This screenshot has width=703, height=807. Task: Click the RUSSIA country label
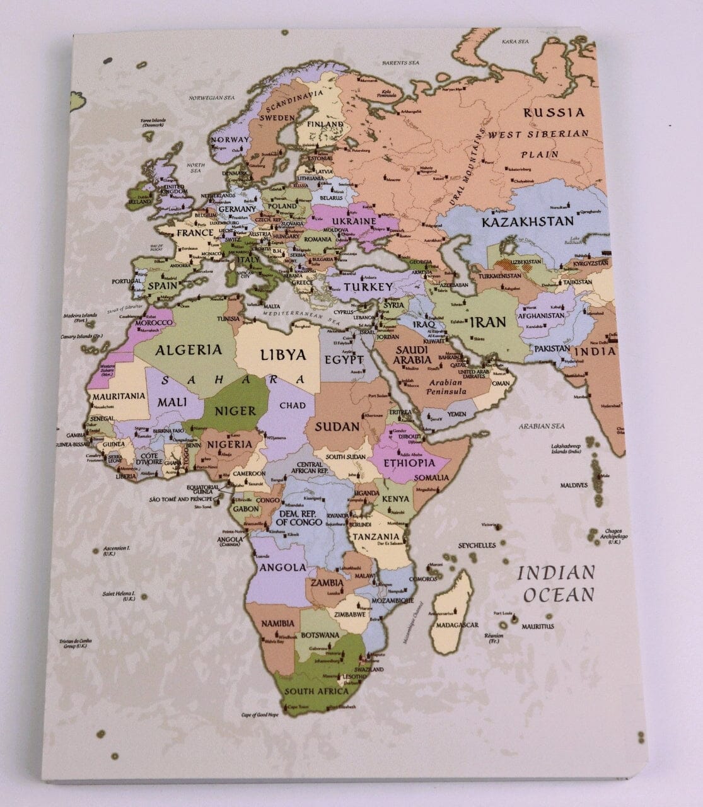coord(554,113)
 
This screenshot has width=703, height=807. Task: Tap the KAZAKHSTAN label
coord(527,222)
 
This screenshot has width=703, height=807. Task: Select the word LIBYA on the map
coord(283,354)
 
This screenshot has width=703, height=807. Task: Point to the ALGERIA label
coord(189,350)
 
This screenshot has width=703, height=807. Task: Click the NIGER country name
coord(236,411)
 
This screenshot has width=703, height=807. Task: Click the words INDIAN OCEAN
coord(555,583)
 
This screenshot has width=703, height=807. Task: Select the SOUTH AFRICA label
coord(317,691)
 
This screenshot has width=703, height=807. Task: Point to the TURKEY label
coord(368,287)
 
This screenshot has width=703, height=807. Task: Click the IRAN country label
coord(489,322)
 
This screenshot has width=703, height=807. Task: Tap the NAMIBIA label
coord(277,624)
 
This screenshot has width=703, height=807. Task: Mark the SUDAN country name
coord(337,426)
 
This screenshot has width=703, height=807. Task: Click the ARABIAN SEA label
coord(542,426)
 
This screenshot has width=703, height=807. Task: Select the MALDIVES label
coord(574,485)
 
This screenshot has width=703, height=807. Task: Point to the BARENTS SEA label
coord(400,63)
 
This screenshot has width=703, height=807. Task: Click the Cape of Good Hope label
coord(260,714)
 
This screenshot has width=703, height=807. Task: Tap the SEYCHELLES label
coord(477,545)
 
